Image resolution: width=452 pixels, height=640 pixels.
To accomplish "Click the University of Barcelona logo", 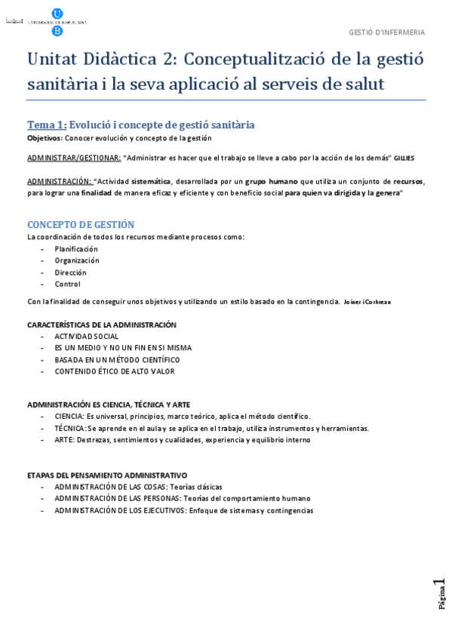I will (57, 22).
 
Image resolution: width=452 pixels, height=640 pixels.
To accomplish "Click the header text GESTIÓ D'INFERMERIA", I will (386, 32).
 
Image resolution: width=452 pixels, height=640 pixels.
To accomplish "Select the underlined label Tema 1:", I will (47, 125).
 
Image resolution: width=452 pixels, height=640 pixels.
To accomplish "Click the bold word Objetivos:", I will (45, 138).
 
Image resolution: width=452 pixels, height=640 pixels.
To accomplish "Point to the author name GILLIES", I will (404, 158).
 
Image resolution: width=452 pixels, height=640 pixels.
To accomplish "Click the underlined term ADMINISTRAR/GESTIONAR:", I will (74, 158).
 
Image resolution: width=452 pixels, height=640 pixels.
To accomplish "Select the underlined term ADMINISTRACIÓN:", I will (60, 181).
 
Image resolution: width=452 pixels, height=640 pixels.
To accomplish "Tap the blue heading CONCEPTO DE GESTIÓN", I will (81, 224).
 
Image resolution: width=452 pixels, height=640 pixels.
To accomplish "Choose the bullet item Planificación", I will (76, 249).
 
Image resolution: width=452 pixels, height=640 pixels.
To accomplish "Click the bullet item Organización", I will (77, 260).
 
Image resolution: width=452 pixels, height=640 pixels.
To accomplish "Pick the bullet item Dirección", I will (70, 272).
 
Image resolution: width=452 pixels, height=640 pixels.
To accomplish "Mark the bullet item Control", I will (67, 285).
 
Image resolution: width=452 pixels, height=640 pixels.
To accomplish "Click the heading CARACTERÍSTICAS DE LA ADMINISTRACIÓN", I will (102, 325).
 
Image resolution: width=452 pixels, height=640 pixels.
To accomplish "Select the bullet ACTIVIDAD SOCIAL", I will (87, 337).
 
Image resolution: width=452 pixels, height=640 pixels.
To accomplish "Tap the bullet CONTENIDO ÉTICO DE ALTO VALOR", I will (115, 371).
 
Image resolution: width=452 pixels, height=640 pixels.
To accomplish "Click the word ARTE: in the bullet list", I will (65, 440).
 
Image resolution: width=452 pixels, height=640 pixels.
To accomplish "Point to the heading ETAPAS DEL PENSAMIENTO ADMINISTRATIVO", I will (107, 475).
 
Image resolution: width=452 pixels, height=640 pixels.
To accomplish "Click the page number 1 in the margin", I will (440, 583).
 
